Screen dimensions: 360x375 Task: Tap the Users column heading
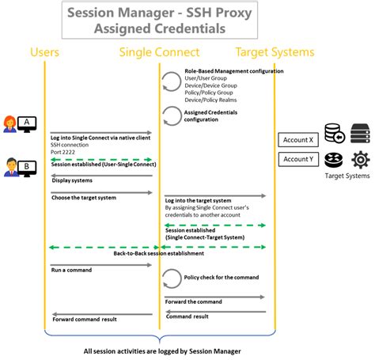45,52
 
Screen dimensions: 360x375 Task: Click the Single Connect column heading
158,52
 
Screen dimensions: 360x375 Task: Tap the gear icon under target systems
360,160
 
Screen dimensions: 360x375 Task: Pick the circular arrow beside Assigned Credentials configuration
172,115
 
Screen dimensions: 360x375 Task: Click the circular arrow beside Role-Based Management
172,81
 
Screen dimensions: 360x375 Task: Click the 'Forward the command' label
194,301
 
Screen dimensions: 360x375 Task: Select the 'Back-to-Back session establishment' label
159,253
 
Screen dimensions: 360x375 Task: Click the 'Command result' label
187,316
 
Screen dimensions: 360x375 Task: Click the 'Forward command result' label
85,320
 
